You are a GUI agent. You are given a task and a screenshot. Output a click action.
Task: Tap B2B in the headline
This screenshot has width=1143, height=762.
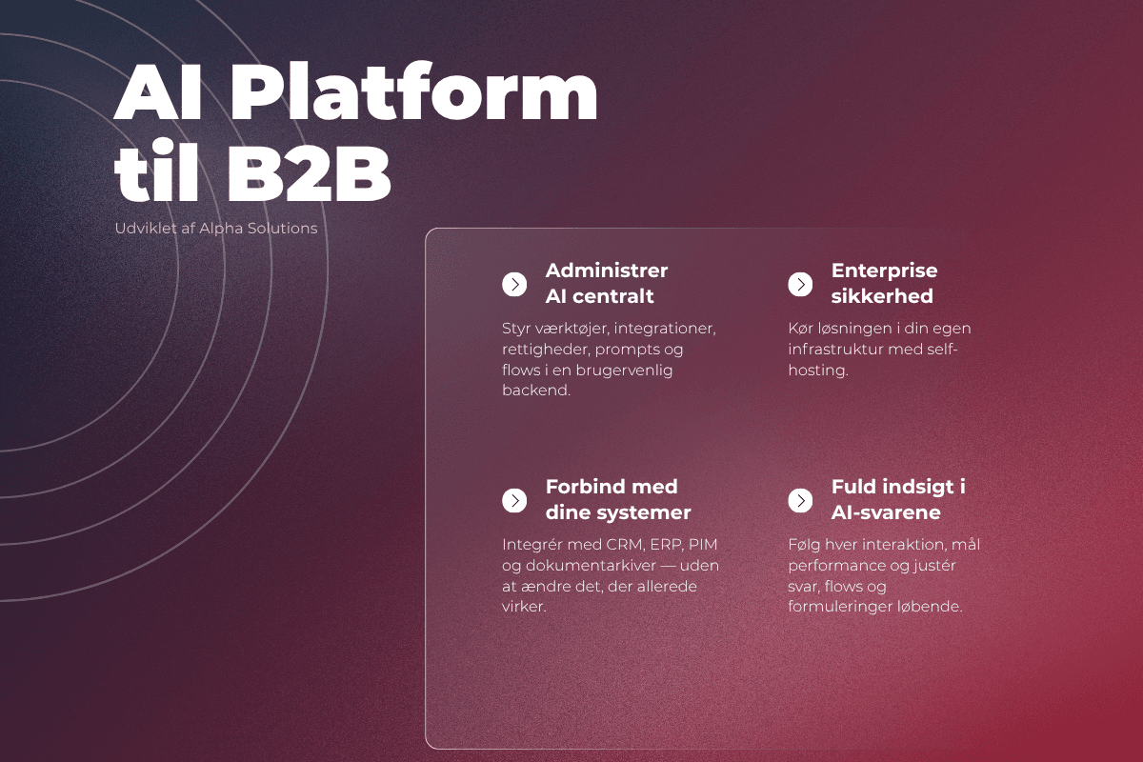[x=309, y=173]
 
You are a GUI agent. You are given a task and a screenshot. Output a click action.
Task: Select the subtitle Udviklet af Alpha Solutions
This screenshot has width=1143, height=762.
[x=216, y=229]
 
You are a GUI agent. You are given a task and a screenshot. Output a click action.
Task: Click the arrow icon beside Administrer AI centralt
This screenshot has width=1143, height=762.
[x=514, y=284]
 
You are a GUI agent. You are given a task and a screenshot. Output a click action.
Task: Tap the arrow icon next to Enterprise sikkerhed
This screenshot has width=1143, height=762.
[x=800, y=284]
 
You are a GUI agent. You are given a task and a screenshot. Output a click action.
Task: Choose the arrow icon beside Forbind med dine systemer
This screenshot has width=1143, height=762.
[x=514, y=501]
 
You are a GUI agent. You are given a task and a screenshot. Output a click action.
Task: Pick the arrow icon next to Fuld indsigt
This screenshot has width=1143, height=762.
[x=800, y=501]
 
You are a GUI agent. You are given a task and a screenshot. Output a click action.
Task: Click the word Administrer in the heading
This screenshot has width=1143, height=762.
[x=606, y=271]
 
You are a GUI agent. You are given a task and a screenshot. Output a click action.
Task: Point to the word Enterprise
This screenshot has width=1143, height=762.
[x=884, y=271]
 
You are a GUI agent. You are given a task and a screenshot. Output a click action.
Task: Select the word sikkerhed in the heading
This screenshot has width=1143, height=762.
[x=882, y=296]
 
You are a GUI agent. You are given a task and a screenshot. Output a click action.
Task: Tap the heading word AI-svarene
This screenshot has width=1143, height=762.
[x=886, y=512]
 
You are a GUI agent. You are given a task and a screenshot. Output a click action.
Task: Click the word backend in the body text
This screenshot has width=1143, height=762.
[x=534, y=391]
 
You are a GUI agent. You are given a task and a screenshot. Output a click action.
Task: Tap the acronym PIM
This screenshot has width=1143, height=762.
[x=703, y=545]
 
